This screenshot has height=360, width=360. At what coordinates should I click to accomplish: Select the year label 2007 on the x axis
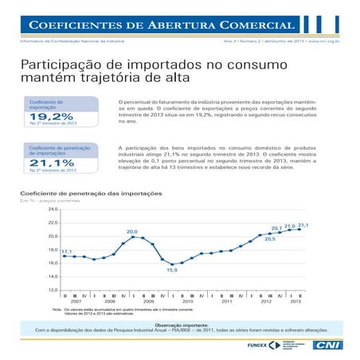click(x=76, y=302)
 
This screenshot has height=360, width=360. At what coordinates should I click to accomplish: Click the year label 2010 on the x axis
click(x=188, y=302)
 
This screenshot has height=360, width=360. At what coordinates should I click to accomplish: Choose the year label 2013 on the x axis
click(x=295, y=302)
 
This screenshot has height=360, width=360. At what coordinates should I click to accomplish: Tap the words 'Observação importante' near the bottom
click(x=179, y=323)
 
